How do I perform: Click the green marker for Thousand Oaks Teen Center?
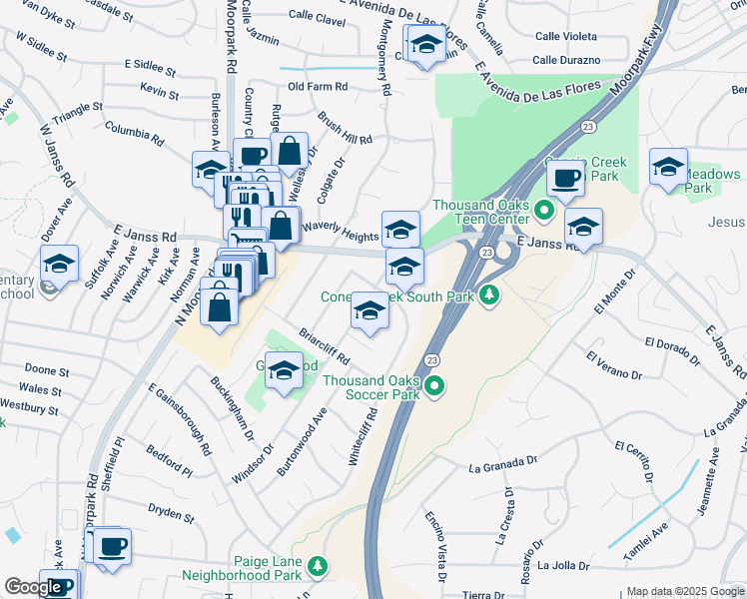543,211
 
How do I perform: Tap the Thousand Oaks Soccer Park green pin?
434,385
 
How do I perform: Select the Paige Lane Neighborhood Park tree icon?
318,566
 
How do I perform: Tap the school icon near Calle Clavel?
426,44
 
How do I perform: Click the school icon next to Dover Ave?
60,265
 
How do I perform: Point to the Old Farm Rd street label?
317,87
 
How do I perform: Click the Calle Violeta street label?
566,34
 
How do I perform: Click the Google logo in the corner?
34,587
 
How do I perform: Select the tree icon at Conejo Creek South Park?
489,295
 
